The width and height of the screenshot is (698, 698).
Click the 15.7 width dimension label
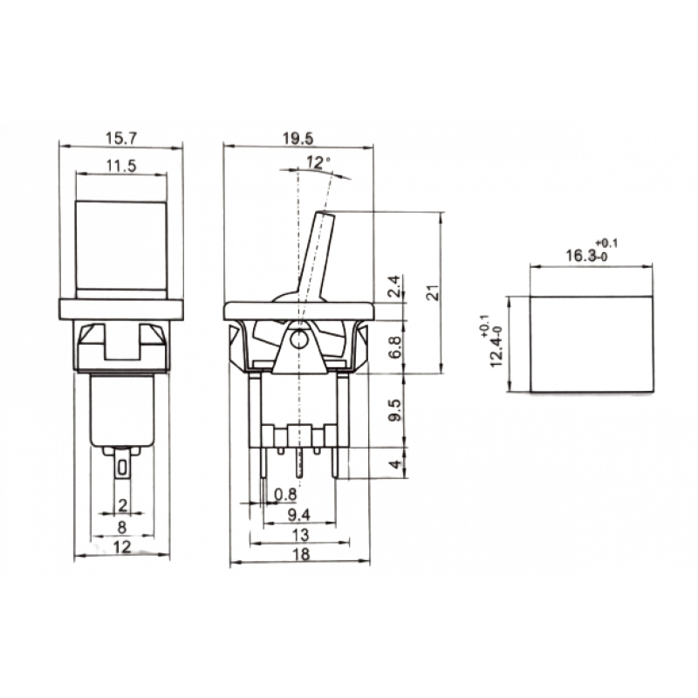[121, 139]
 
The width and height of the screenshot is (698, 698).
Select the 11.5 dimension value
[121, 166]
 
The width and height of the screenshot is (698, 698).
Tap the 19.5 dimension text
[298, 139]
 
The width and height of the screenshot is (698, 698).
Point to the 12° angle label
[318, 162]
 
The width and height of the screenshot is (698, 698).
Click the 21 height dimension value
[433, 292]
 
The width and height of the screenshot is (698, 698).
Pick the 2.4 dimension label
[395, 286]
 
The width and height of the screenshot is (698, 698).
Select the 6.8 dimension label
[395, 346]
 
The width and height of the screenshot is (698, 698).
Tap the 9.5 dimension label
[395, 410]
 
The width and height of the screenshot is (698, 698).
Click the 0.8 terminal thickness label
[285, 494]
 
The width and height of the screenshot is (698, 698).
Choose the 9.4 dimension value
[299, 515]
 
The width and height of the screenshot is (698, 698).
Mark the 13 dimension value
[301, 535]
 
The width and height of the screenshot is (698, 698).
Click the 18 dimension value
[301, 555]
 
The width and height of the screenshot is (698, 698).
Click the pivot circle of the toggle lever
[298, 340]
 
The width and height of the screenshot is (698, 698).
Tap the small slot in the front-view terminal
[122, 467]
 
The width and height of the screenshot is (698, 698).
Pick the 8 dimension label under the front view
[122, 528]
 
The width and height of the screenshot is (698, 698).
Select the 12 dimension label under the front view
[122, 547]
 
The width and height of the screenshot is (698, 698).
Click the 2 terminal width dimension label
[122, 505]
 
